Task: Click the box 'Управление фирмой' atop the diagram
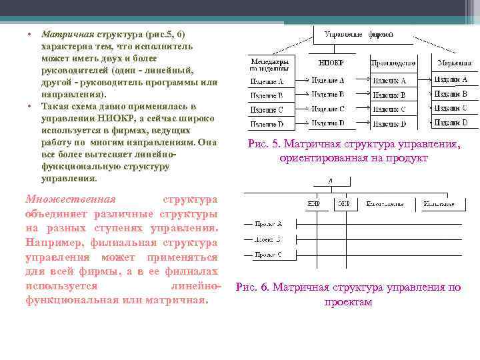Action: click(x=357, y=34)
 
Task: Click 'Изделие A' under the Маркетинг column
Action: click(x=451, y=80)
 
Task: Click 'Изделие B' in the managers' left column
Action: click(x=267, y=95)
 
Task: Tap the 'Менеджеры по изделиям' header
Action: click(x=270, y=65)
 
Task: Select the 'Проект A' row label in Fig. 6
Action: click(x=268, y=224)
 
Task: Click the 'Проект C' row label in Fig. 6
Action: click(x=268, y=255)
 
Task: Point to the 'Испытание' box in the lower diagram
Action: click(x=439, y=203)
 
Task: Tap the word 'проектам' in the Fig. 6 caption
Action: click(x=348, y=302)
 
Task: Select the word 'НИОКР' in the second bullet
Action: click(x=107, y=119)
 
